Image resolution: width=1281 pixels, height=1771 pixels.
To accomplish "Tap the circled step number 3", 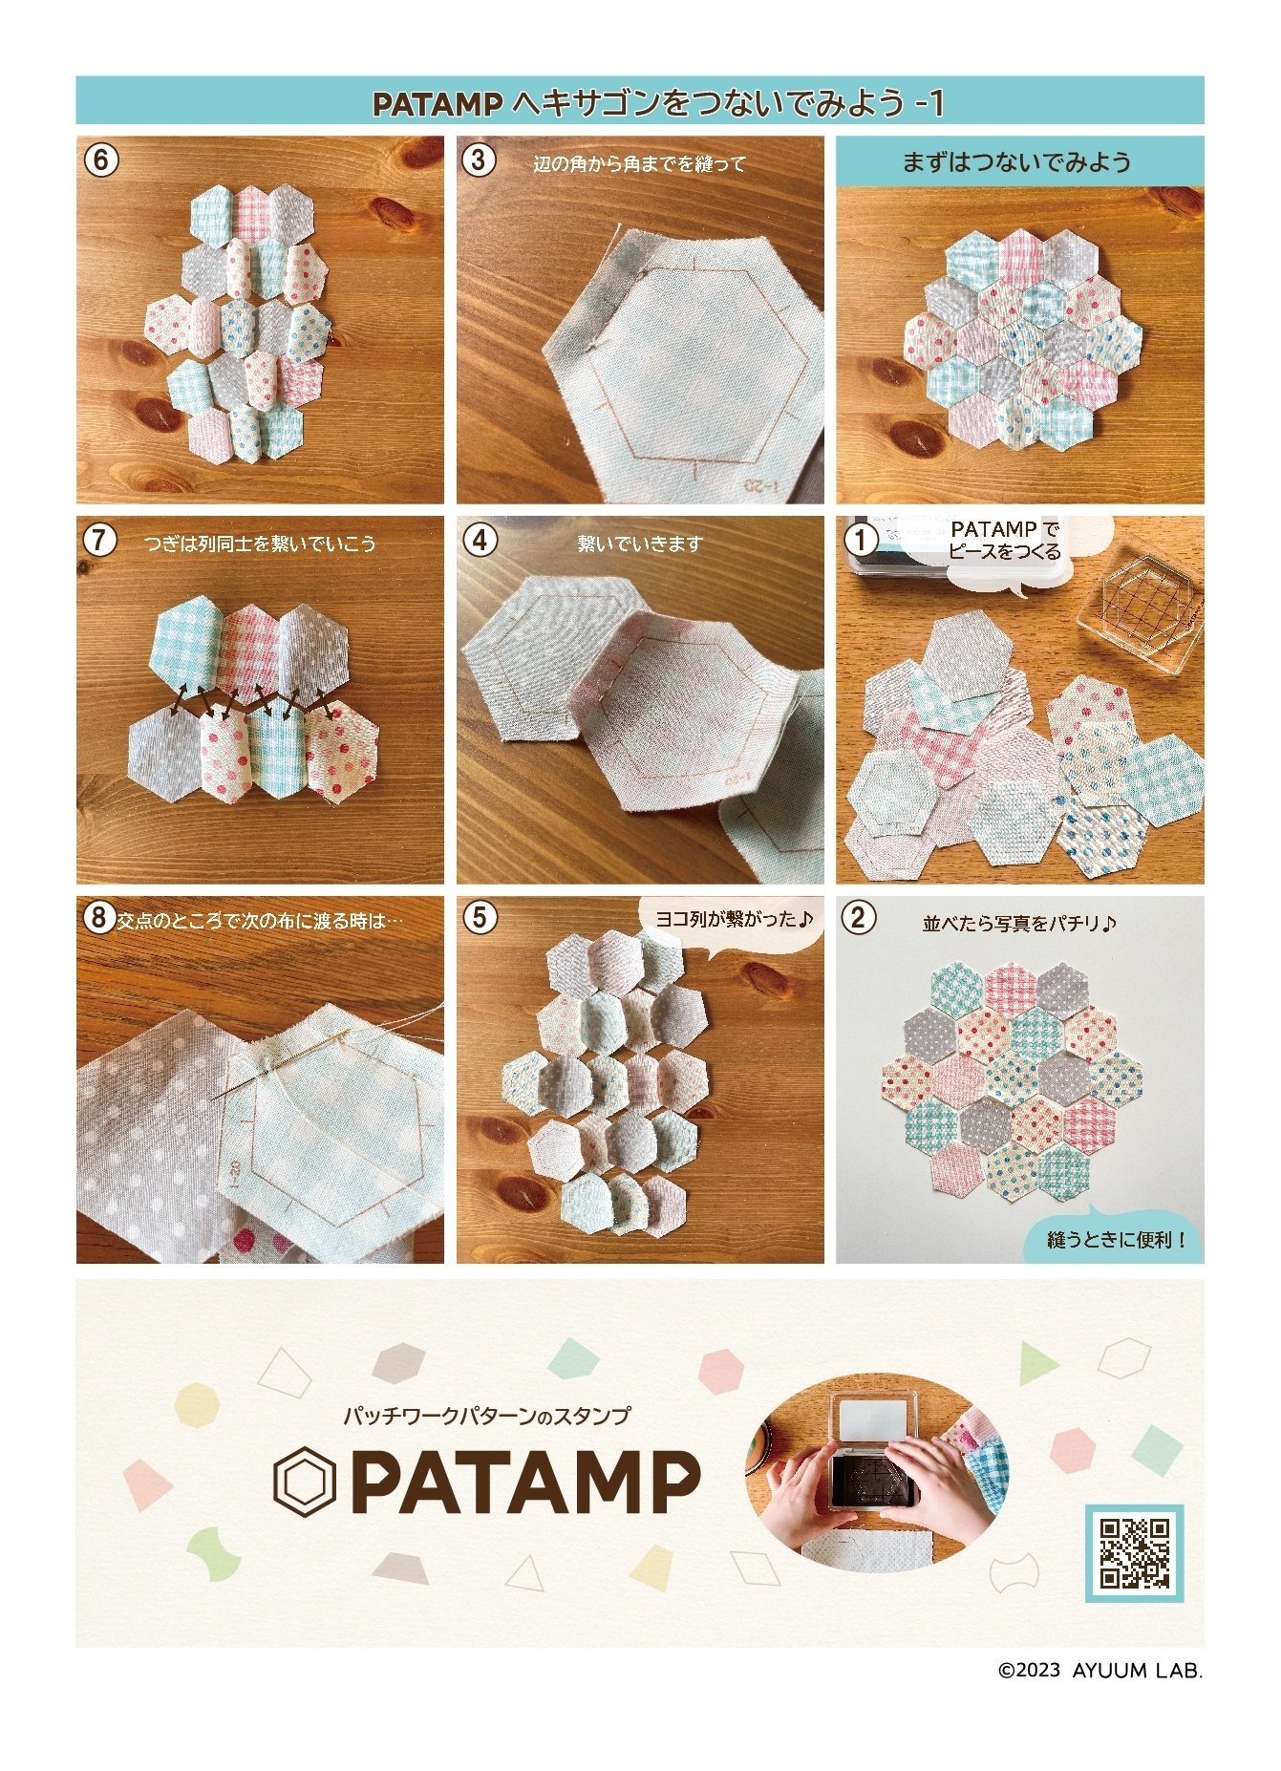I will coord(480,160).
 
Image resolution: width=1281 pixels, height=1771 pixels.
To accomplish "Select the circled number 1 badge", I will coord(861,540).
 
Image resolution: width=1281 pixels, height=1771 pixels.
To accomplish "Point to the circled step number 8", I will coord(98,918).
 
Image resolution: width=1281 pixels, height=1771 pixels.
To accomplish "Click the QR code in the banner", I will coord(1134,1552).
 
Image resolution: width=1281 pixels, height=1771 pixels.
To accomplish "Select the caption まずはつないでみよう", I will coord(1018,161).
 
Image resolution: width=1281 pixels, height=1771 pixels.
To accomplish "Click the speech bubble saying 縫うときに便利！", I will coord(1115,1239).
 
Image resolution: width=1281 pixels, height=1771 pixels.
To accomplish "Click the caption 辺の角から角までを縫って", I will coord(639,164).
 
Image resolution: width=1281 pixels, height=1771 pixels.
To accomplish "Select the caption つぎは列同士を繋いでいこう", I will coord(260,544).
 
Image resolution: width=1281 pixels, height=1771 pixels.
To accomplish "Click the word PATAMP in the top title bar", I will coord(437,103).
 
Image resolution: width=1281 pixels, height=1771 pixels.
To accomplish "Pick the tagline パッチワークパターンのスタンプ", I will coord(487,1416).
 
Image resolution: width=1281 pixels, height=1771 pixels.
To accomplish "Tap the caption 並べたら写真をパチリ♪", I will coord(1018,924).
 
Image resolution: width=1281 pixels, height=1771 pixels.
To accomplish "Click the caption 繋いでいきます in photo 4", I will coord(639,544).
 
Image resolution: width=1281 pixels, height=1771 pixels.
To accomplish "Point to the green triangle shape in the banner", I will coord(1035,1362).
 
